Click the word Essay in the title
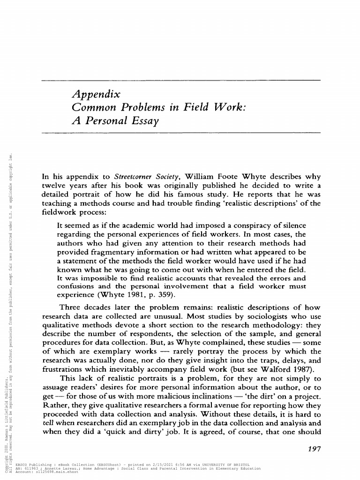143,120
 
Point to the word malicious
173,397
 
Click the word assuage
55,387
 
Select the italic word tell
48,423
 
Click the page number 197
312,449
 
